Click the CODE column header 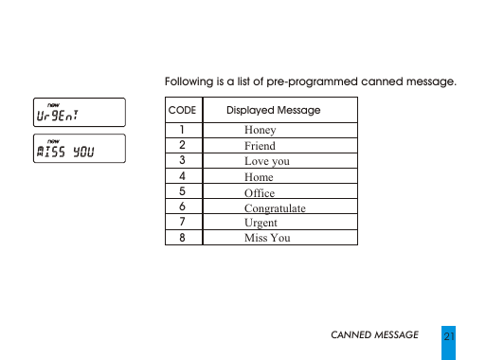click(182, 111)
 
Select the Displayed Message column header click(279, 111)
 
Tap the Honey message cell click(260, 131)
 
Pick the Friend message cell click(260, 146)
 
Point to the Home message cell click(259, 177)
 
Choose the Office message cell click(260, 192)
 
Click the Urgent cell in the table click(261, 223)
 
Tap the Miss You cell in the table click(267, 238)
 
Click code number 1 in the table click(182, 131)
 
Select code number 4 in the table click(182, 177)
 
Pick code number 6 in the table click(182, 207)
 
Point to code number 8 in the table click(182, 238)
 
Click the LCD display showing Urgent click(78, 115)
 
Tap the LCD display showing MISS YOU click(78, 152)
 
